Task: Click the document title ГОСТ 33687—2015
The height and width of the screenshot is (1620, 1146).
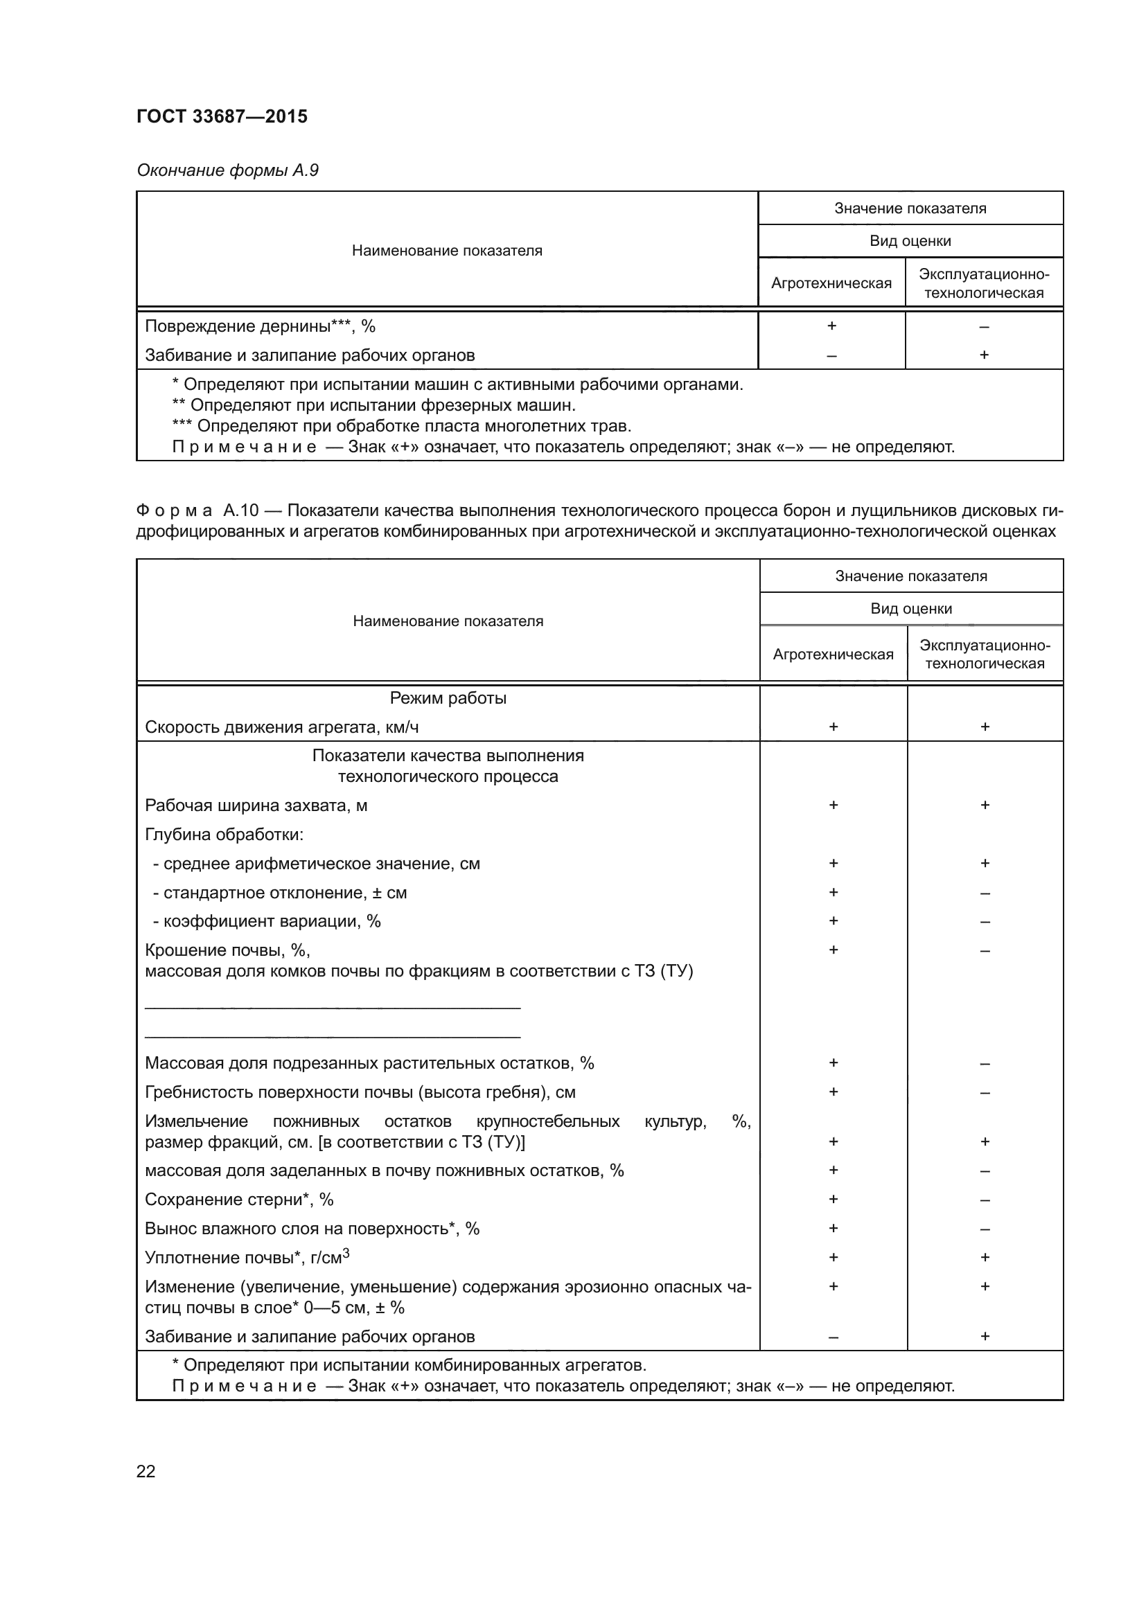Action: [222, 116]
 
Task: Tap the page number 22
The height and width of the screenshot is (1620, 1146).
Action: [146, 1471]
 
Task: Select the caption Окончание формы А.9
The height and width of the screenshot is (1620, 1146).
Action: [227, 170]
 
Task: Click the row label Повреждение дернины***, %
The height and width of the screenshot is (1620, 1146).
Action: [260, 326]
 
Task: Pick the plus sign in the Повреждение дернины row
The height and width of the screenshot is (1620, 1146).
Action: [831, 326]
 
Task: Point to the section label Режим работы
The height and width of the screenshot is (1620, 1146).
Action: [448, 698]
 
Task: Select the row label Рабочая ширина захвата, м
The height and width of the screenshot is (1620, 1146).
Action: [256, 805]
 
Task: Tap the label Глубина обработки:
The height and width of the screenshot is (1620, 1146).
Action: [224, 835]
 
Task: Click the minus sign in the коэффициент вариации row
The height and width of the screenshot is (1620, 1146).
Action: [985, 921]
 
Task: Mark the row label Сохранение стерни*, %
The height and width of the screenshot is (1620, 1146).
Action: [239, 1200]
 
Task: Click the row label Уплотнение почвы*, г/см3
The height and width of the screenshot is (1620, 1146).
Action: [247, 1257]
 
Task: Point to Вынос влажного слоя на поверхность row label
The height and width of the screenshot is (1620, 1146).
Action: [312, 1229]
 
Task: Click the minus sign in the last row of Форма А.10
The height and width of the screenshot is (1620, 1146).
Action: [833, 1337]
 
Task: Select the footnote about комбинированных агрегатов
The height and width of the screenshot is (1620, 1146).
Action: [409, 1365]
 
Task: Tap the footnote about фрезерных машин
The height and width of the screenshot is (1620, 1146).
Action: [374, 406]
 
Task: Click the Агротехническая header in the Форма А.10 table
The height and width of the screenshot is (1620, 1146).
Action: [833, 654]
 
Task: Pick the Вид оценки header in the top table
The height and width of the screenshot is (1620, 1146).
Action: [910, 240]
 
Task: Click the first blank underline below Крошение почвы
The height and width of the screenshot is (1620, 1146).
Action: [333, 1008]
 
